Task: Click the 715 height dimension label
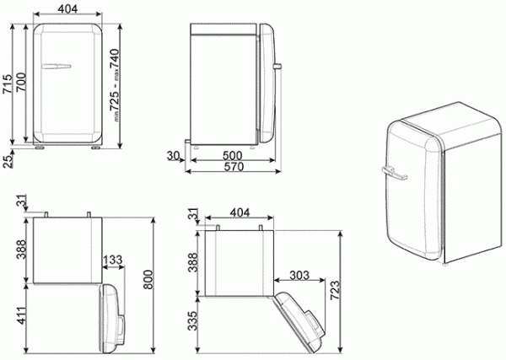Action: click(7, 83)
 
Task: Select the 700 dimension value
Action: click(19, 83)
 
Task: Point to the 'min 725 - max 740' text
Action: click(113, 83)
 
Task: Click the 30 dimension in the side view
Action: click(174, 155)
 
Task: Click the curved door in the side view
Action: click(268, 83)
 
